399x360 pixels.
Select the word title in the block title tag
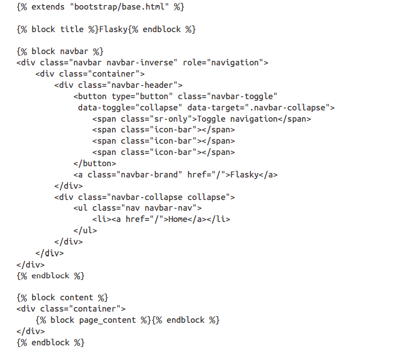[x=77, y=29]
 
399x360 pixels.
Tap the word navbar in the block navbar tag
[x=77, y=51]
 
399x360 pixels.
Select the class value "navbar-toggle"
[x=243, y=96]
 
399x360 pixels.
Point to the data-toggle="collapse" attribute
[x=130, y=107]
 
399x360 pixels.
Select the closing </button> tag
[x=95, y=163]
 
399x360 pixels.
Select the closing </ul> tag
[x=86, y=230]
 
